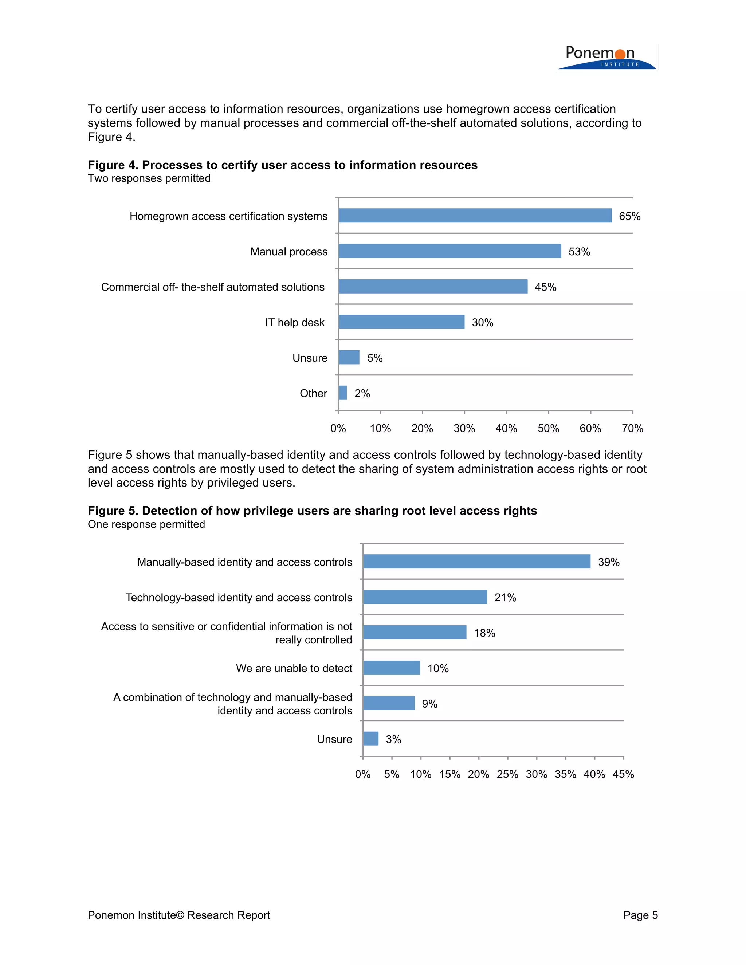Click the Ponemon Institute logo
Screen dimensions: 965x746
point(606,58)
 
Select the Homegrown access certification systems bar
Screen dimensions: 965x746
point(475,216)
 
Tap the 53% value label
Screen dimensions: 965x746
point(579,252)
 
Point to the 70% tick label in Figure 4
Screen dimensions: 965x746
point(632,428)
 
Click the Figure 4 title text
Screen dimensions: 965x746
point(282,165)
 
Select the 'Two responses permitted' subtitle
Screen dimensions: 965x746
point(149,178)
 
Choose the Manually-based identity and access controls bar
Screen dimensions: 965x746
point(476,562)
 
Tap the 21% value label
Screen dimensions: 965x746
point(505,597)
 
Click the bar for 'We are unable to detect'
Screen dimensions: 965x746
point(391,667)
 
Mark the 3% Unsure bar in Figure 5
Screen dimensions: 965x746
point(370,739)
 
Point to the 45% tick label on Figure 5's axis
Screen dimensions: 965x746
point(623,774)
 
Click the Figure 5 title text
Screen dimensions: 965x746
point(312,511)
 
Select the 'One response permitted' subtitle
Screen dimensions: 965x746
point(146,524)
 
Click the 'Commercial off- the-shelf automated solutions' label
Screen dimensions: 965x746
point(213,287)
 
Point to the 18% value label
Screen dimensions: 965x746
point(484,633)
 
